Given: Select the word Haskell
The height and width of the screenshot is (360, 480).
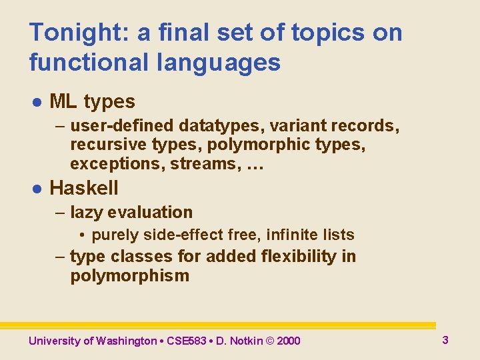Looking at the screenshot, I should [83, 188].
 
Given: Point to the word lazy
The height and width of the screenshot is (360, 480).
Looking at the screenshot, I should [89, 213].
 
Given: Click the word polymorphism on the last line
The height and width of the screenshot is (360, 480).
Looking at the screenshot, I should [129, 276].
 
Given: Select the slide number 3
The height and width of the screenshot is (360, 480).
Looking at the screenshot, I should [445, 340].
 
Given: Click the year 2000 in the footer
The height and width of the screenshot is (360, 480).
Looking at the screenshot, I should [288, 341].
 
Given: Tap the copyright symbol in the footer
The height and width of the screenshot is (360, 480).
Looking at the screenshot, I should [269, 341].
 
